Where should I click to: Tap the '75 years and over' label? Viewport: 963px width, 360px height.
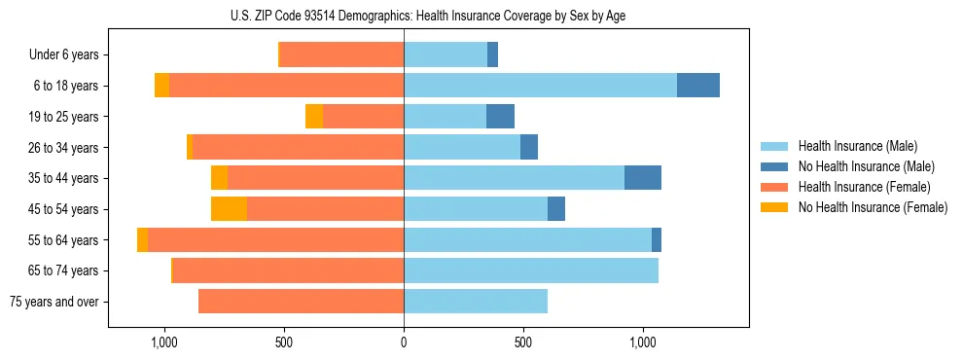pos(54,302)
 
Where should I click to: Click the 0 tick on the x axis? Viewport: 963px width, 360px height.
pos(404,342)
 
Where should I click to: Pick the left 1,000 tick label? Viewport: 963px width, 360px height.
pos(163,342)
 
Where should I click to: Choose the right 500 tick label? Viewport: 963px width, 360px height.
pos(523,342)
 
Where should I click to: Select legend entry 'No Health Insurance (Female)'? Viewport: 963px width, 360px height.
pos(873,207)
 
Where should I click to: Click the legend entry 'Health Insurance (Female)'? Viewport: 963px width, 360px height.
pos(864,187)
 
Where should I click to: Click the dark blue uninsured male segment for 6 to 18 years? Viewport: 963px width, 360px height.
pos(698,86)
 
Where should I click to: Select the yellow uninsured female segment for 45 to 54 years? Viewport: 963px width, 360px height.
pos(229,209)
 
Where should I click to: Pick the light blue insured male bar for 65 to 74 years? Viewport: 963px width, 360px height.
pos(531,270)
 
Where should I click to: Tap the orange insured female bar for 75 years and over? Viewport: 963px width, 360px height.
pos(301,302)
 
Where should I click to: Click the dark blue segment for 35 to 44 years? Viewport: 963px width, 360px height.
pos(643,178)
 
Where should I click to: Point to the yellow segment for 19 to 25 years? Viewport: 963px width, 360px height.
pos(314,117)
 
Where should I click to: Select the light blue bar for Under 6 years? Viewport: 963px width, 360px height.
pos(446,55)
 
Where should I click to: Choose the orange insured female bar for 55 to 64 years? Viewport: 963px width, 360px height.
pos(275,240)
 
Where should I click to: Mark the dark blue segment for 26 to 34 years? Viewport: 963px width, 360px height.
pos(529,148)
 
